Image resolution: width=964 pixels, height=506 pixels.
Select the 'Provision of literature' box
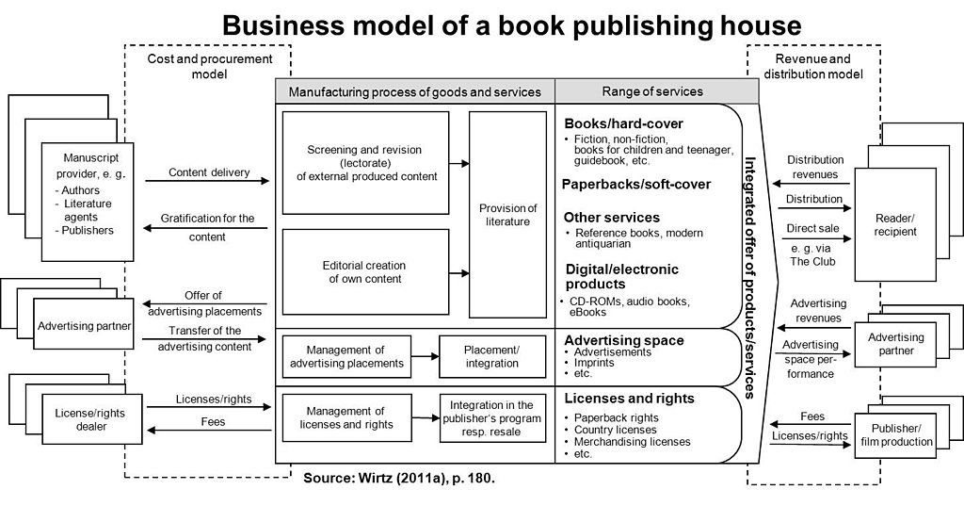coord(507,215)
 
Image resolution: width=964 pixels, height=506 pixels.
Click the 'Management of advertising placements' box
coord(346,357)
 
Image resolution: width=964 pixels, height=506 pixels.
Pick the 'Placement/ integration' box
coord(491,357)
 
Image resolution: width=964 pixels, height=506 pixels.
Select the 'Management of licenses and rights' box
coord(346,418)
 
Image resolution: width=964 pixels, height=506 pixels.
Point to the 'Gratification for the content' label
coord(208,227)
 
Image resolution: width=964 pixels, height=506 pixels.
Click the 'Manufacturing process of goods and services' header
coord(414,91)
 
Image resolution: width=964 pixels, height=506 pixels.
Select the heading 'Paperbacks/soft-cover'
coord(636,185)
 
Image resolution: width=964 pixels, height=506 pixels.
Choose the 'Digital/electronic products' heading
coord(621,277)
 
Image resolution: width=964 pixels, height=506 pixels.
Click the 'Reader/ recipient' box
coord(894,224)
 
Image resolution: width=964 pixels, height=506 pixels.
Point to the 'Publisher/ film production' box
coord(895,435)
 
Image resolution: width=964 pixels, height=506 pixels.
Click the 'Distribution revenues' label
coord(815,167)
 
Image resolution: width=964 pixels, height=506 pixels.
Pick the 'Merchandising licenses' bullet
coord(632,442)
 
